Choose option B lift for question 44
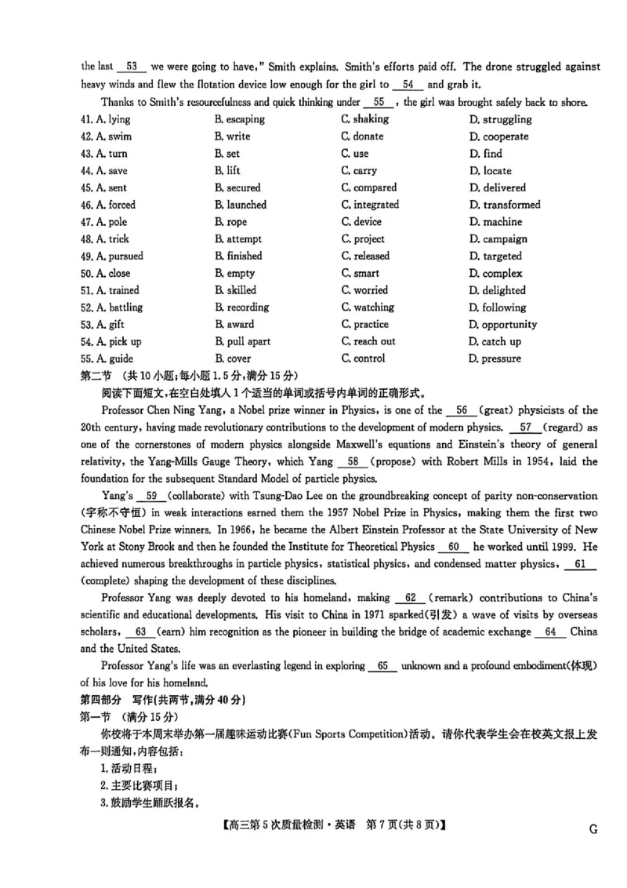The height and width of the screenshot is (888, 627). coord(228,170)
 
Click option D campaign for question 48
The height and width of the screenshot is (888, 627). coord(498,239)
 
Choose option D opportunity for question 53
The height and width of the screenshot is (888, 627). coord(503,325)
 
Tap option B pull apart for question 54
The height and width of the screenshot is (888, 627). coord(242,341)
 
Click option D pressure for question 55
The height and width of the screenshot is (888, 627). coord(495,358)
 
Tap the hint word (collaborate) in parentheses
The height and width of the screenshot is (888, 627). coord(198,496)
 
